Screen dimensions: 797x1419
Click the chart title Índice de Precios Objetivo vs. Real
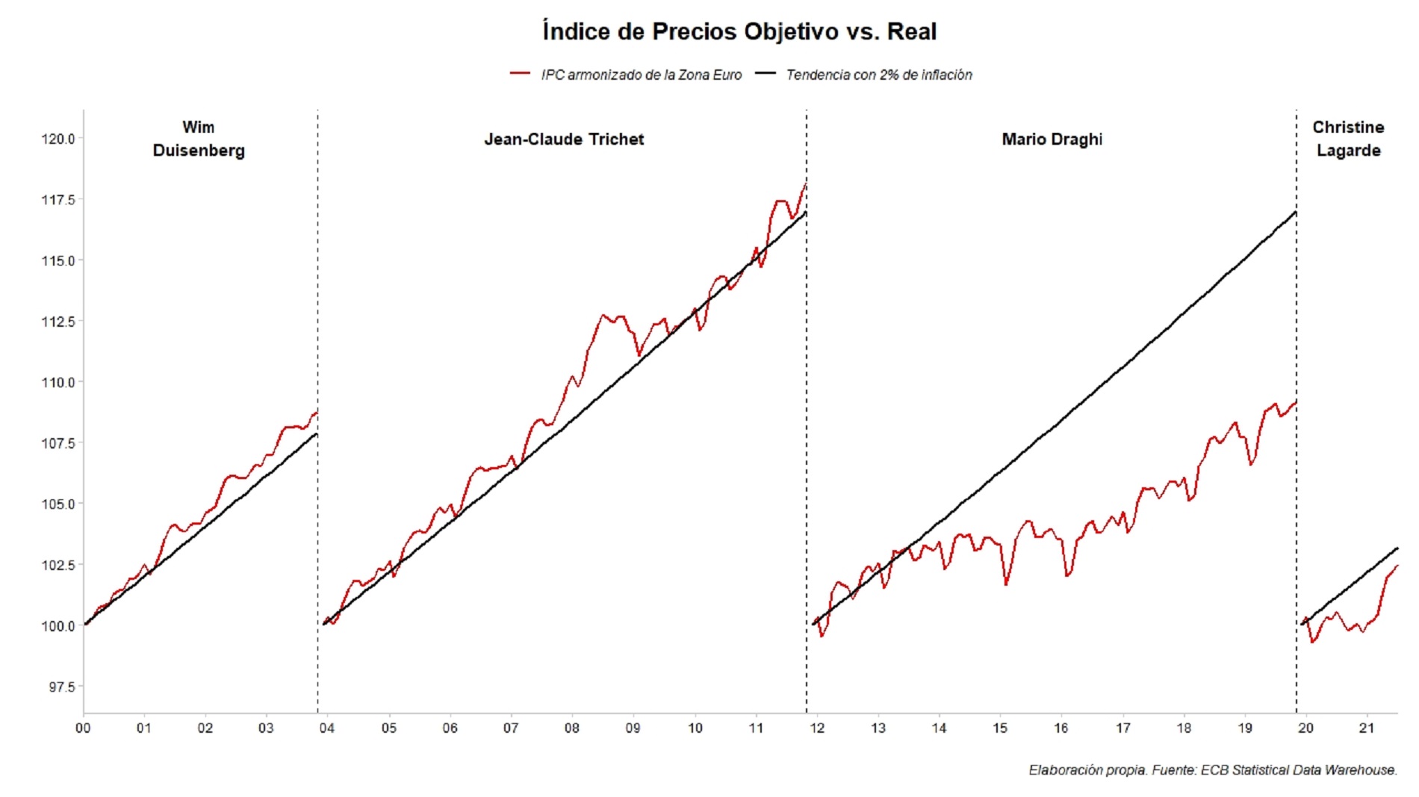[739, 32]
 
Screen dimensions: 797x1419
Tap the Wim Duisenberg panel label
[199, 139]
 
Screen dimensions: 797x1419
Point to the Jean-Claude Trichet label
[564, 140]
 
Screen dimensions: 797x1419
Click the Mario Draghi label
[1052, 140]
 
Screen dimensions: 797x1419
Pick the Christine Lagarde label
[1348, 139]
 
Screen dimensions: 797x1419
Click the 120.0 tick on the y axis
[58, 139]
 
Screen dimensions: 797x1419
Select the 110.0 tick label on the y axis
[58, 382]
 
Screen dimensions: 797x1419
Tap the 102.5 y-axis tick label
[58, 565]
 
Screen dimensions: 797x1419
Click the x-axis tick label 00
[83, 728]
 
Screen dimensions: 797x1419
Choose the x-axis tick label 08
[572, 728]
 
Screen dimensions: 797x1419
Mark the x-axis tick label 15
[1000, 728]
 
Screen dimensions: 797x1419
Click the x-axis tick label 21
[1367, 728]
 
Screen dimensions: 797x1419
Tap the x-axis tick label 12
[817, 728]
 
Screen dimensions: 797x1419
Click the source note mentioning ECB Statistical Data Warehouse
[1212, 770]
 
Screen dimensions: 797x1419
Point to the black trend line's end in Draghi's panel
[1295, 213]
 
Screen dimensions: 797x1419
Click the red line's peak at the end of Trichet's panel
[805, 184]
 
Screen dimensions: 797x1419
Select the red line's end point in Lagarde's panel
[1397, 566]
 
